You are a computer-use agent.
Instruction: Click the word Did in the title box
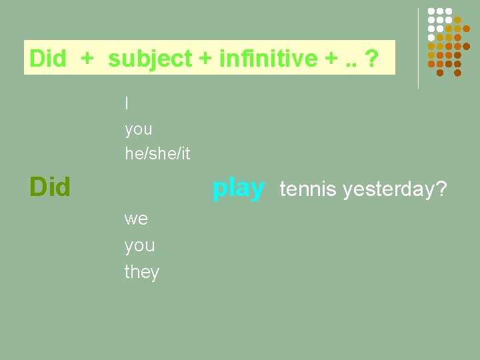coord(47,59)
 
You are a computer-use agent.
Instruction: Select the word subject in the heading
coord(150,59)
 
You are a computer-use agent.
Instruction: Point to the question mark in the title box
coord(372,59)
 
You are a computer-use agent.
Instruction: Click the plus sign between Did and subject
coord(87,59)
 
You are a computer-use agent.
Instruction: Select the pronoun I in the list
coord(127,103)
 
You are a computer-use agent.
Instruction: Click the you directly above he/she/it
coord(139,129)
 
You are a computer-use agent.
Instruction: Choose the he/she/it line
coord(157,154)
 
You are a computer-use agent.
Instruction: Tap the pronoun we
coord(137,219)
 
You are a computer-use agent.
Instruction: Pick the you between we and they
coord(139,245)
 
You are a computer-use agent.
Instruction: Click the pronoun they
coord(142,272)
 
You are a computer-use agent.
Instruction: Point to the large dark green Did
coord(50,187)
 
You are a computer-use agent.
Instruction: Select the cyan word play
coord(238,189)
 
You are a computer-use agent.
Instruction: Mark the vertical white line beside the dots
coord(418,48)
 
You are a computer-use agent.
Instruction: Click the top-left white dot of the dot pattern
coord(432,11)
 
